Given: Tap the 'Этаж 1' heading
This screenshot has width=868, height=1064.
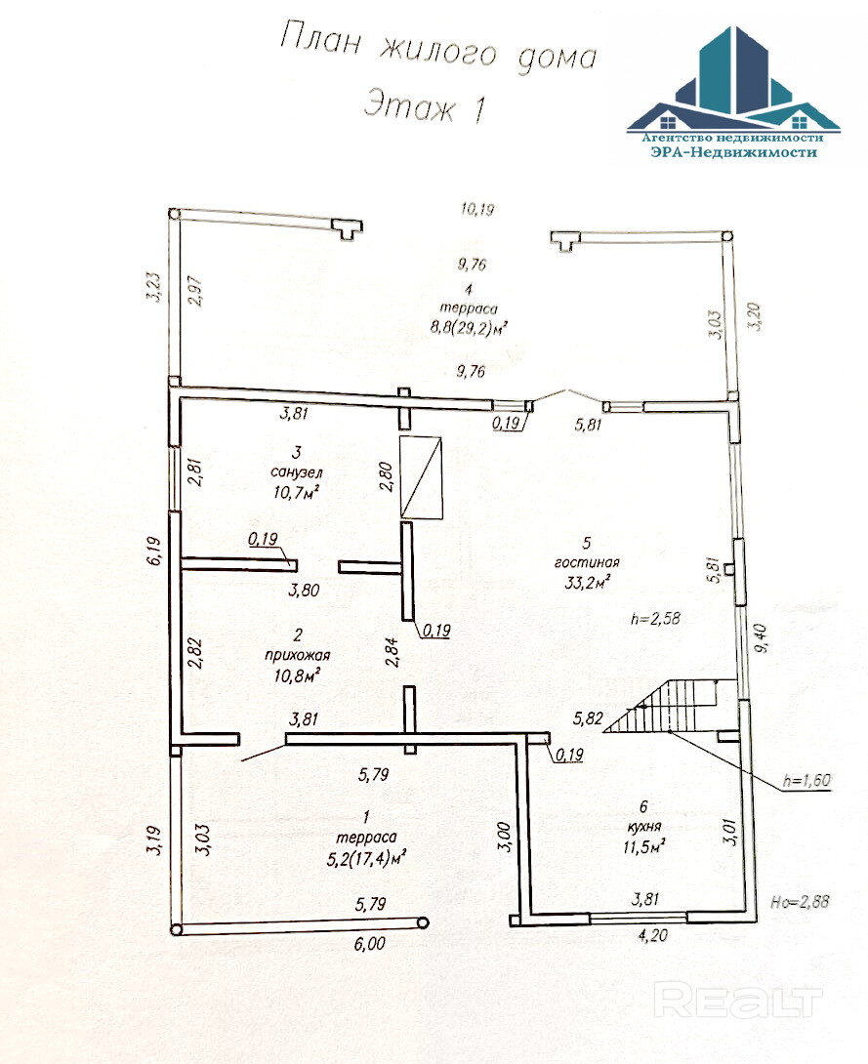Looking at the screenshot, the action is tap(425, 105).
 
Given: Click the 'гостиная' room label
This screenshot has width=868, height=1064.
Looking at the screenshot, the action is tap(586, 563).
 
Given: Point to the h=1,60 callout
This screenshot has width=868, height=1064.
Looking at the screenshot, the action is tap(807, 781).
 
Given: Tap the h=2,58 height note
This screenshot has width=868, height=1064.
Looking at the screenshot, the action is tap(656, 618).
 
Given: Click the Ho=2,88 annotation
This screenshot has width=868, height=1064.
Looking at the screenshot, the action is tap(802, 902).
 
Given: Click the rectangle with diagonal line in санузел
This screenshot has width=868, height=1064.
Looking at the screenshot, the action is tap(422, 475).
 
